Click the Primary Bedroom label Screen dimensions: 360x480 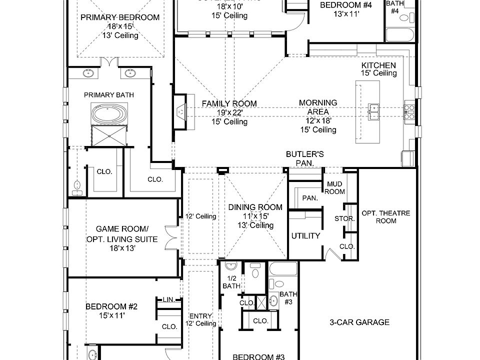pyautogui.click(x=119, y=17)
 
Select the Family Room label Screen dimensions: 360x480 pyautogui.click(x=229, y=103)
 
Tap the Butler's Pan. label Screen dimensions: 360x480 pyautogui.click(x=304, y=158)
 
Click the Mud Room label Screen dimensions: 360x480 pyautogui.click(x=334, y=188)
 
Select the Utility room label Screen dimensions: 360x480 pyautogui.click(x=305, y=235)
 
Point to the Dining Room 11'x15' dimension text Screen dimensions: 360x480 pyautogui.click(x=255, y=216)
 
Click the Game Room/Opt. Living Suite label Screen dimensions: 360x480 pyautogui.click(x=121, y=234)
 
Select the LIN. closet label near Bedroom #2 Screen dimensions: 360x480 pyautogui.click(x=168, y=299)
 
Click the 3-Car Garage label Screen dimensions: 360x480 pyautogui.click(x=359, y=322)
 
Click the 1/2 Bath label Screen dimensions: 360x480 pyautogui.click(x=231, y=282)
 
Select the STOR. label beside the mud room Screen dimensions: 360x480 pyautogui.click(x=344, y=219)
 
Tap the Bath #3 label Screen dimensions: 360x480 pyautogui.click(x=288, y=298)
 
